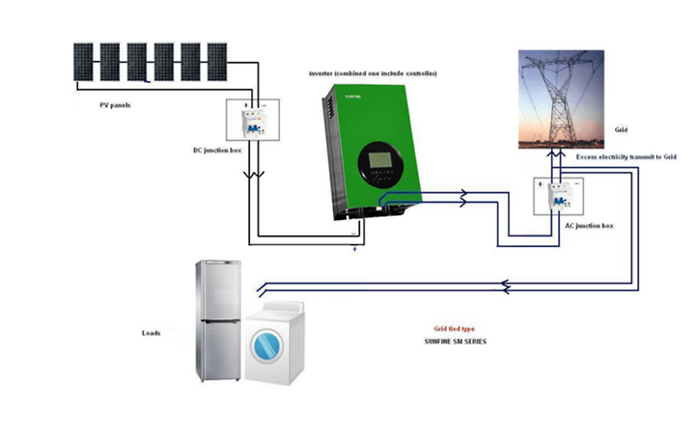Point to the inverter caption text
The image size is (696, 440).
[371, 74]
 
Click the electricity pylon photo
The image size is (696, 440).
[562, 97]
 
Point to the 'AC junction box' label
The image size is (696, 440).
[588, 225]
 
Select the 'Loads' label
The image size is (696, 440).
[151, 334]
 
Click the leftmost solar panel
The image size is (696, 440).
[83, 61]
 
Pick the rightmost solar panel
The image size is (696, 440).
[217, 61]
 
